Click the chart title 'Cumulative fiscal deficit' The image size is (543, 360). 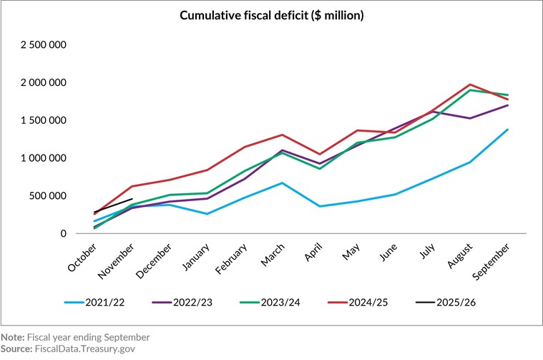point(271,15)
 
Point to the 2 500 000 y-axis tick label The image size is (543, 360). point(44,45)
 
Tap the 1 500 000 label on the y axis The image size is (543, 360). point(44,120)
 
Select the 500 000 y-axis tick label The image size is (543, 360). point(50,196)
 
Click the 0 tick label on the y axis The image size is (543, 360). point(64,233)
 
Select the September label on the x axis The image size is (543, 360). point(494,261)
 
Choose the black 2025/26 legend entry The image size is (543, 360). point(448,303)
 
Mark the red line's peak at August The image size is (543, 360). point(469,84)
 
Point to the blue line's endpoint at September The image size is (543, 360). point(507,130)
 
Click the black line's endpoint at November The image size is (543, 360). point(132,199)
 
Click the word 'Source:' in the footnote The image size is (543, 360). point(16,349)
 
